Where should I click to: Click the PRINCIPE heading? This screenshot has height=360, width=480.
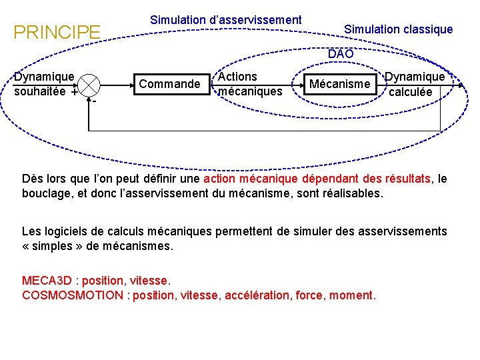[x=57, y=31]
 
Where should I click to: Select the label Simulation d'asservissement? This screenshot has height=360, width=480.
[x=226, y=20]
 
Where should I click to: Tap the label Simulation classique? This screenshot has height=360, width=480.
[x=398, y=29]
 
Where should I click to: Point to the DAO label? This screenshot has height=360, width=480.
[x=340, y=53]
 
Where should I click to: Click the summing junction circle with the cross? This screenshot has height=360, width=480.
[x=89, y=85]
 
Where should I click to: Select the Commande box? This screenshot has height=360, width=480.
[x=169, y=83]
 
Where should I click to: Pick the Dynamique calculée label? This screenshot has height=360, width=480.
[x=415, y=84]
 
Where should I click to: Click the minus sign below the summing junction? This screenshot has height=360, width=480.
[x=95, y=102]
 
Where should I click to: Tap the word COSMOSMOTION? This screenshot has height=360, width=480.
[x=72, y=295]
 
